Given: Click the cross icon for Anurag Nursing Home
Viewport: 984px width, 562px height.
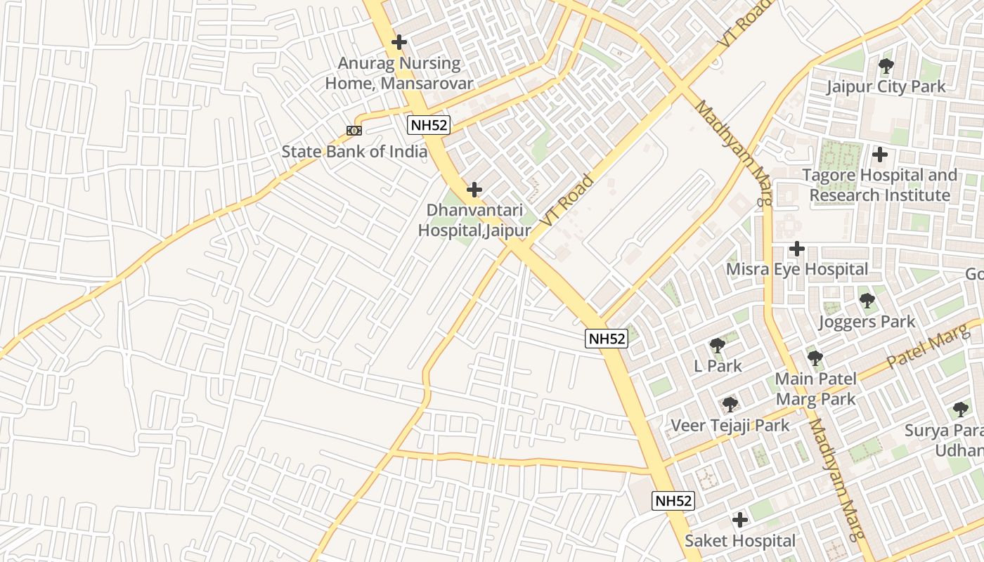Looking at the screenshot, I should [x=399, y=42].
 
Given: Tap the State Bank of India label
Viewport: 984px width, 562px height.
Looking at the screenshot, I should [x=354, y=152].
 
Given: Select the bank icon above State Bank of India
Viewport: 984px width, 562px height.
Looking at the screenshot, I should [x=354, y=131].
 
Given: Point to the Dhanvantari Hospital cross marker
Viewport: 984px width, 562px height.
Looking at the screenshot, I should [x=474, y=190].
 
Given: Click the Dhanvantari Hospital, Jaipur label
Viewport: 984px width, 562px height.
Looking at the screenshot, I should [x=474, y=220].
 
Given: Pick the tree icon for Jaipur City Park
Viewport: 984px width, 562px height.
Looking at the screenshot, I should [x=886, y=66].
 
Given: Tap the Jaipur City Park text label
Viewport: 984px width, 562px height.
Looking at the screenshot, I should [x=886, y=87].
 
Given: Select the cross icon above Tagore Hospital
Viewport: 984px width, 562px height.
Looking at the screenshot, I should [x=879, y=155].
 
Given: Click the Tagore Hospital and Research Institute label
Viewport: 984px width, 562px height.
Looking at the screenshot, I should [x=883, y=185].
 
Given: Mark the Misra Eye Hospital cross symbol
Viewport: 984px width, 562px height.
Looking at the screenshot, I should [x=796, y=249].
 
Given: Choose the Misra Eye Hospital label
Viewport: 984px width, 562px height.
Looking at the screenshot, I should [x=797, y=269].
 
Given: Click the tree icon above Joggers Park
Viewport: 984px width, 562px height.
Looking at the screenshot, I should [x=867, y=301].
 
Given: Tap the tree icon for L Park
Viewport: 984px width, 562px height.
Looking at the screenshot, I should [x=718, y=345].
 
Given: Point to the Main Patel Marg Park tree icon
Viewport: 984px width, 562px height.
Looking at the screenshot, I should [x=815, y=358].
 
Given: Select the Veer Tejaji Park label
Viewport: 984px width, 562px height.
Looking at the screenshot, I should [x=730, y=425].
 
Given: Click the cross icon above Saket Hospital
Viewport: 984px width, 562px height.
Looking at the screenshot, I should [x=739, y=520].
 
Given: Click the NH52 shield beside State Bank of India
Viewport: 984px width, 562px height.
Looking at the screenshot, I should [x=429, y=126].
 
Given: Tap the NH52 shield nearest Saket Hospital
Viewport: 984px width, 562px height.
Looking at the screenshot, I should [x=673, y=501].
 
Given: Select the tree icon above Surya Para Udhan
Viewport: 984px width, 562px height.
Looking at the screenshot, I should [x=961, y=409].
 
